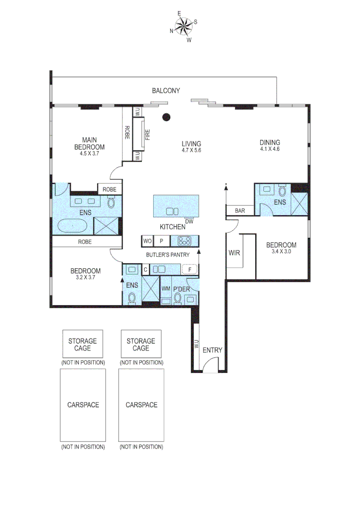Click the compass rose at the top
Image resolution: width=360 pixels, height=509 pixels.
[184, 26]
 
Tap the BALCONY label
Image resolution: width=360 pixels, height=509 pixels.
[165, 90]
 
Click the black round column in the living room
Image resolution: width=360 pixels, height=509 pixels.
[165, 118]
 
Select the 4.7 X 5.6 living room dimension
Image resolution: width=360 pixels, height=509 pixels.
[191, 151]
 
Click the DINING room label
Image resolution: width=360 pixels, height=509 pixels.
[270, 142]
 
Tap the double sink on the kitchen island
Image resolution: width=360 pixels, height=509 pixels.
[172, 211]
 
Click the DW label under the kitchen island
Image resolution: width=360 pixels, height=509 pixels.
[189, 222]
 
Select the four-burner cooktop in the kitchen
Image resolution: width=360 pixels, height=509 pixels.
[184, 241]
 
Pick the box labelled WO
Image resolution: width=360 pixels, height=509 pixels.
[147, 241]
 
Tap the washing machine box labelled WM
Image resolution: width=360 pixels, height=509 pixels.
[165, 288]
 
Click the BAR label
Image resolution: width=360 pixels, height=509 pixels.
[240, 211]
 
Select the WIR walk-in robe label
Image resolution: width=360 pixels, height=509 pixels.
[234, 253]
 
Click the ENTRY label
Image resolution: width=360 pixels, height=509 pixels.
[212, 350]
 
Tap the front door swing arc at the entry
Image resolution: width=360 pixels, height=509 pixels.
[211, 364]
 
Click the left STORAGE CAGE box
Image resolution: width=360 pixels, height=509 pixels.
[82, 345]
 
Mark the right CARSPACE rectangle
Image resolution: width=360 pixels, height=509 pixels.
[141, 405]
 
